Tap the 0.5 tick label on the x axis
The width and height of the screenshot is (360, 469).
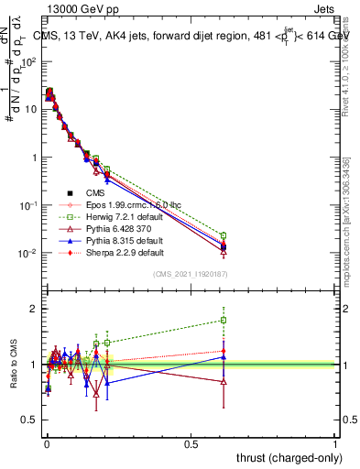click(x=191, y=442)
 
